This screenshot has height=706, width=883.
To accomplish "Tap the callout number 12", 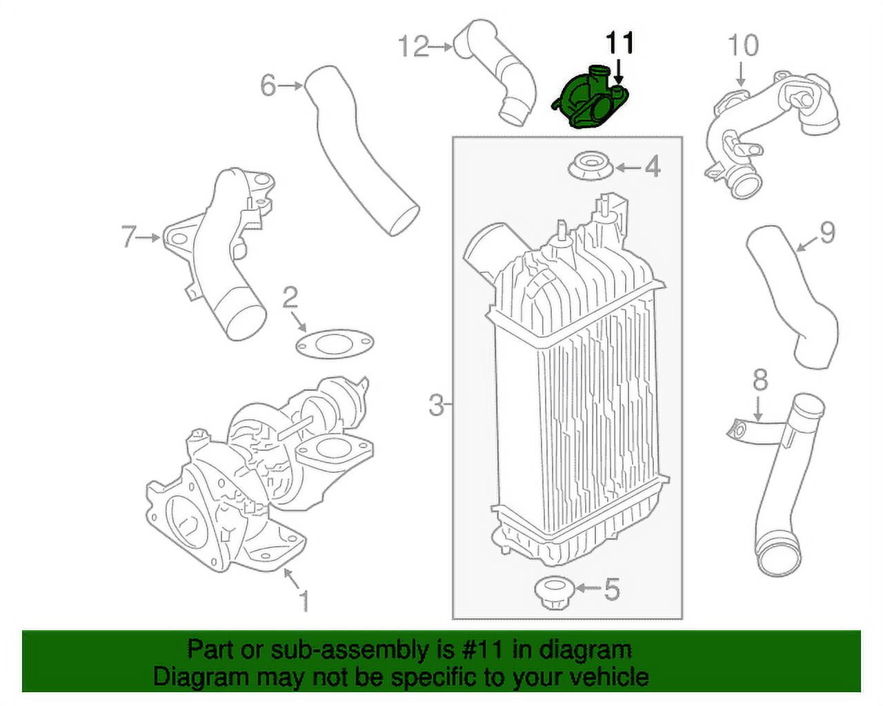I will [413, 47].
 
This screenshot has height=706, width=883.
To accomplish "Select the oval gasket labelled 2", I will [334, 343].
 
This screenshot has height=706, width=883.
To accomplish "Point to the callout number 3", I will [436, 405].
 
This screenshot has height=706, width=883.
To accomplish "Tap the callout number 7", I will [129, 237].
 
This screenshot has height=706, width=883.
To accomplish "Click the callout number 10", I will [743, 46].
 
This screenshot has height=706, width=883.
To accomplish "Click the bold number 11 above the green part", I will [619, 43].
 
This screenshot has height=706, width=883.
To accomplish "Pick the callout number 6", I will [268, 86].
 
